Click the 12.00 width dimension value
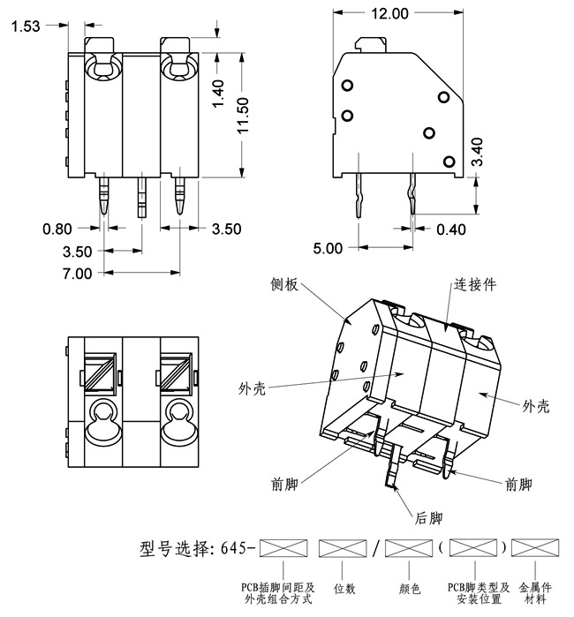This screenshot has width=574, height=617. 389,13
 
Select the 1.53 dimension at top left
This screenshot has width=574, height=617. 26,26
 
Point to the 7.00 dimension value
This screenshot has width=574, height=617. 77,274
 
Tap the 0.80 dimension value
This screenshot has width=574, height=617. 58,229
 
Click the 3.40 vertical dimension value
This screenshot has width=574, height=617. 478,153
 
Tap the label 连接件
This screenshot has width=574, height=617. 475,285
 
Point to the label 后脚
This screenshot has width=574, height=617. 429,518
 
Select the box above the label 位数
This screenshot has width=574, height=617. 343,549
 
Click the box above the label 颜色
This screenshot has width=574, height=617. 409,549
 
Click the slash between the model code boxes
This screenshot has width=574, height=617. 376,549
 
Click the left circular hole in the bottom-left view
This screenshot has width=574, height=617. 102,412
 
